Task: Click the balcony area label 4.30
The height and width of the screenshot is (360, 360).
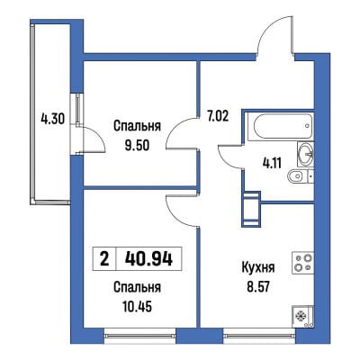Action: pos(52,120)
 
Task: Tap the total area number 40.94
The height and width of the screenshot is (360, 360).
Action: pos(148,259)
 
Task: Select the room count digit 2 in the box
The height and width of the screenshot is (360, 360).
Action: pos(104,259)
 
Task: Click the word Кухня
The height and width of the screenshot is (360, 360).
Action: pos(258,267)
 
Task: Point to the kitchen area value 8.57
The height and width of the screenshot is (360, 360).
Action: pos(258,287)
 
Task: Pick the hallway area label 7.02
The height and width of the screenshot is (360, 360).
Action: pos(219,116)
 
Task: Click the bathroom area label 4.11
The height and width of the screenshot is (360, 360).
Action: pos(271,164)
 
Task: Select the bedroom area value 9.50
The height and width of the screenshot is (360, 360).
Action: pos(137,146)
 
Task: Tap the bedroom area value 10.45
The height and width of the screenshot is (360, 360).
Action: pos(137,306)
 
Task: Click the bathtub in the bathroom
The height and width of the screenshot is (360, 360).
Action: pos(283,126)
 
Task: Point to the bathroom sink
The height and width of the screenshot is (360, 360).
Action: pos(305,154)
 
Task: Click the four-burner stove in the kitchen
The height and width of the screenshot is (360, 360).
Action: pos(303,263)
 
